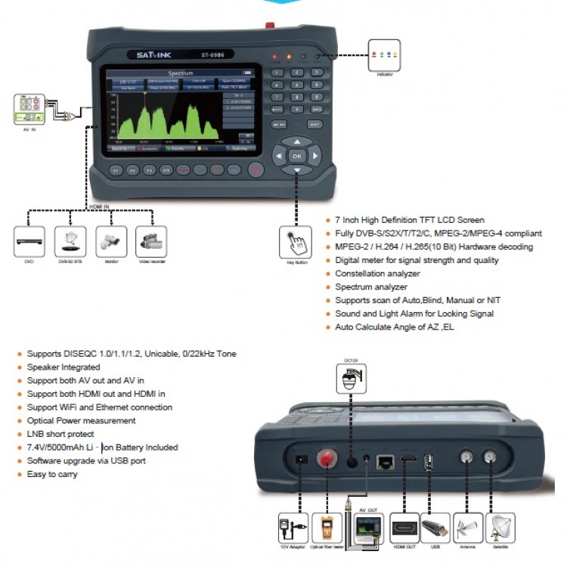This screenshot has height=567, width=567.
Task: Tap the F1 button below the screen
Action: tap(116, 171)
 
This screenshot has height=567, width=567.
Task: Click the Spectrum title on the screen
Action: tap(181, 73)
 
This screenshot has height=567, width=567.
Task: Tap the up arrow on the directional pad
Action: tap(297, 141)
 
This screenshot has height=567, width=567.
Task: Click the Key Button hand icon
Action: tap(296, 243)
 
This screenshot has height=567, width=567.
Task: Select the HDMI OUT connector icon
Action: tap(404, 525)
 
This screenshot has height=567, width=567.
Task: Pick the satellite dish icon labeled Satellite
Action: tap(502, 525)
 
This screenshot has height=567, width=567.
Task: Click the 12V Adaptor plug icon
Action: tap(292, 526)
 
